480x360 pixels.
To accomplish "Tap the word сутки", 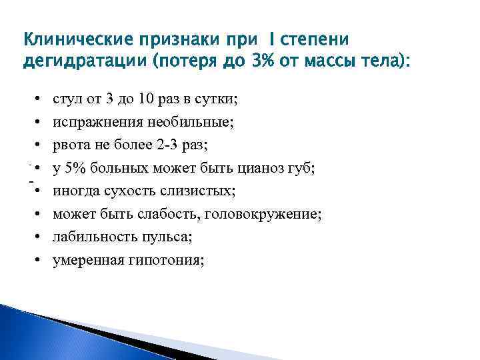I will (220, 100).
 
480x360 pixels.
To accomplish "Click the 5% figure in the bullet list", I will (77, 169).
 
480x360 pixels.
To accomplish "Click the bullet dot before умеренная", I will (39, 261).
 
